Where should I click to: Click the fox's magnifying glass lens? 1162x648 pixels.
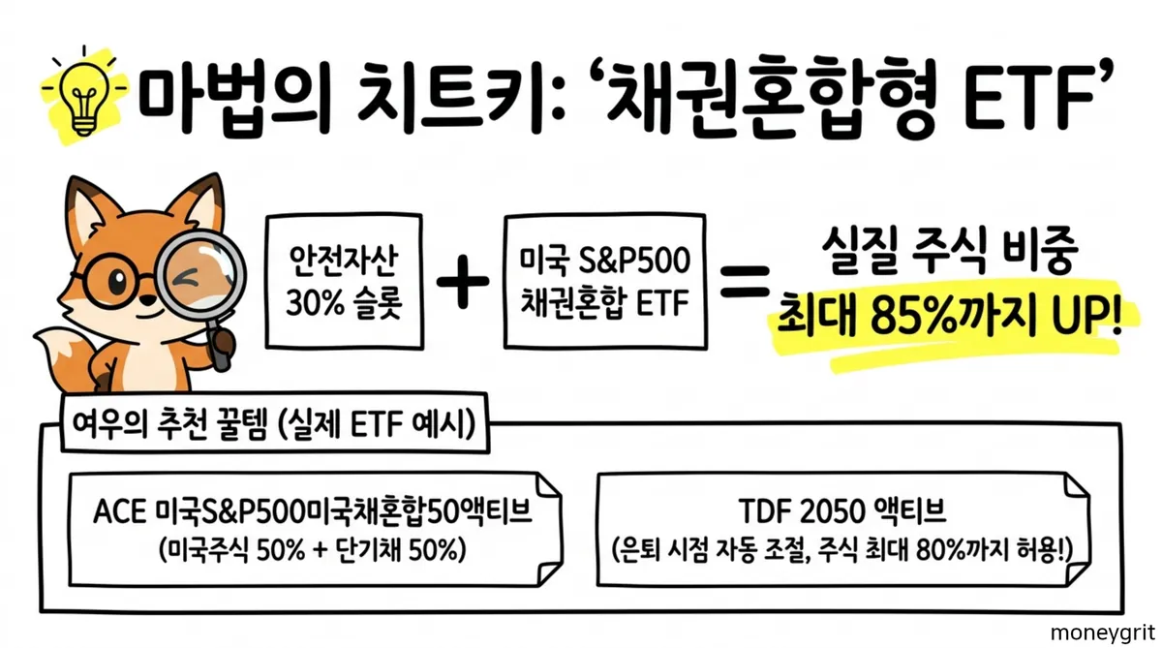click(201, 274)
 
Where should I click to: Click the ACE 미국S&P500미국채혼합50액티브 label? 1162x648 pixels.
click(314, 512)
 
